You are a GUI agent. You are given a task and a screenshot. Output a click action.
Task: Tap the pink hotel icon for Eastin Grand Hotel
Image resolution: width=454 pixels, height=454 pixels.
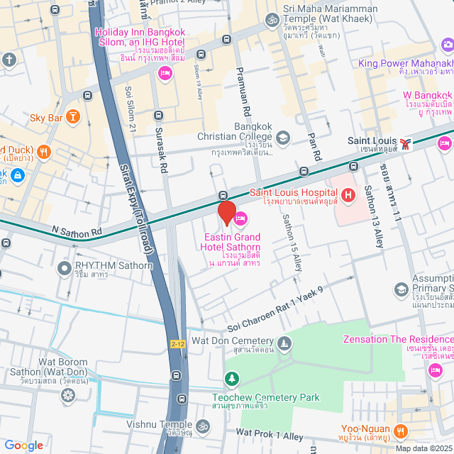pyautogui.click(x=240, y=218)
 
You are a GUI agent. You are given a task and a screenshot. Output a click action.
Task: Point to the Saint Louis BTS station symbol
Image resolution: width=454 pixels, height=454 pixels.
pyautogui.click(x=404, y=144)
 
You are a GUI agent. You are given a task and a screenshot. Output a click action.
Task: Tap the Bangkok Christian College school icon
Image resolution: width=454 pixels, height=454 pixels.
pyautogui.click(x=283, y=137)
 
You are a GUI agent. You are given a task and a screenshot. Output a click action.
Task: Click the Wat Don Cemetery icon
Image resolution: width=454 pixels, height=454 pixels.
pyautogui.click(x=284, y=344)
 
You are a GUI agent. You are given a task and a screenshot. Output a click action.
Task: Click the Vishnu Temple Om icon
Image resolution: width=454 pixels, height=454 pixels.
pyautogui.click(x=202, y=426)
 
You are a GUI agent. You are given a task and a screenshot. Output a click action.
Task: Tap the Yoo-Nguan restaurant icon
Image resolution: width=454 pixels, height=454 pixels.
pyautogui.click(x=401, y=430)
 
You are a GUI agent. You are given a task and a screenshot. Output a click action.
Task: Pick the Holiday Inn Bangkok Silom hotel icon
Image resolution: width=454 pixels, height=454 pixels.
pyautogui.click(x=165, y=72)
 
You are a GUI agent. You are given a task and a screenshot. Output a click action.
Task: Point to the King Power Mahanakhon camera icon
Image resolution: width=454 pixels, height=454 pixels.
pyautogui.click(x=447, y=45)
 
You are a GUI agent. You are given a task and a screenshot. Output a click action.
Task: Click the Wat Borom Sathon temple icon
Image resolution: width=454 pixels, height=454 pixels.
pyautogui.click(x=67, y=394)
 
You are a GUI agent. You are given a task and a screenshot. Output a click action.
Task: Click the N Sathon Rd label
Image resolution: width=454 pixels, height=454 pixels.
pyautogui.click(x=77, y=231)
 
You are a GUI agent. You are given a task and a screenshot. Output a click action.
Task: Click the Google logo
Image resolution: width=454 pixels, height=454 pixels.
pyautogui.click(x=23, y=445)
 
